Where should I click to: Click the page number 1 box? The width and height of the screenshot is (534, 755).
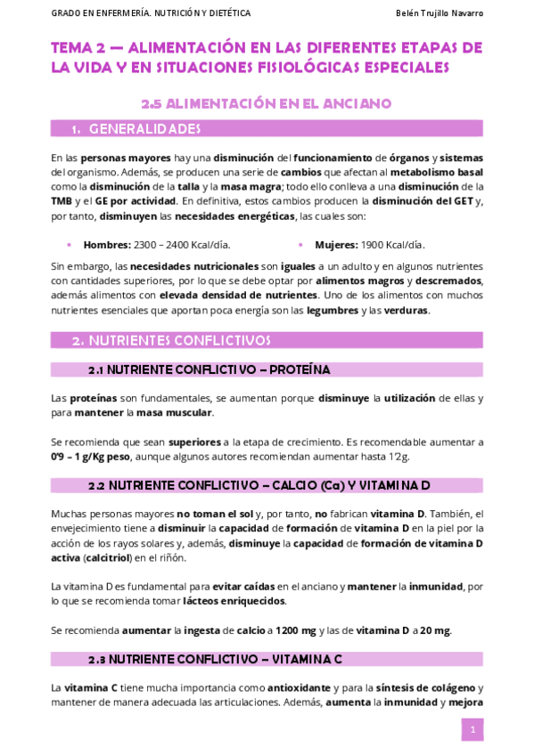click(x=472, y=730)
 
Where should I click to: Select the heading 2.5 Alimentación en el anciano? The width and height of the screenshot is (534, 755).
click(x=267, y=103)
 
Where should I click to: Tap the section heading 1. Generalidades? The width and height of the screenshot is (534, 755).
click(x=136, y=129)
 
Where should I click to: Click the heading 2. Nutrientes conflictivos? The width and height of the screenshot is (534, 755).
click(x=171, y=340)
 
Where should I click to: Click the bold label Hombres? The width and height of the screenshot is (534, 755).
click(x=106, y=245)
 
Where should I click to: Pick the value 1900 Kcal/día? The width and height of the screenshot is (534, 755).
click(x=393, y=245)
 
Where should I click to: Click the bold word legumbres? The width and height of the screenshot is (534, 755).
click(x=331, y=311)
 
